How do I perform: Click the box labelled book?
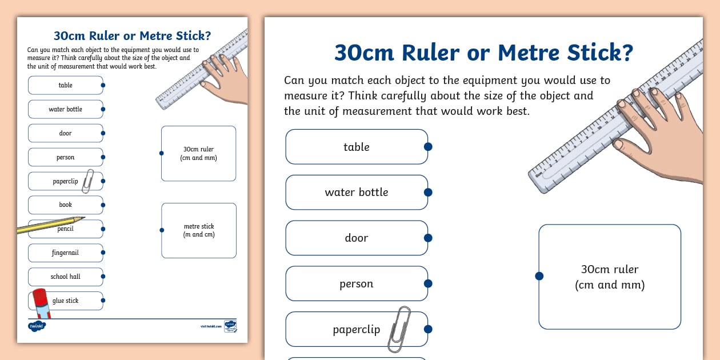click(65, 205)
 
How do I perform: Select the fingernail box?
click(65, 253)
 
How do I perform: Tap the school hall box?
click(65, 277)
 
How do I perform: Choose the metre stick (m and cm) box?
click(199, 230)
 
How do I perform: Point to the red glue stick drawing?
click(41, 303)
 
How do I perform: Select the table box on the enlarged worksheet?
click(356, 147)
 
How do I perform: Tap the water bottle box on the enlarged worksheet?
click(356, 193)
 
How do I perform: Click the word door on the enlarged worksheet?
click(356, 238)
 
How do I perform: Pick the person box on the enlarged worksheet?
click(356, 283)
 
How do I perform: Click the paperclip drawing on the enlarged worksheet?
click(399, 329)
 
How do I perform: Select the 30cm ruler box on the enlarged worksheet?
click(610, 277)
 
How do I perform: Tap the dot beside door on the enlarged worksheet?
click(428, 238)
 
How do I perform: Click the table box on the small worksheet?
click(65, 85)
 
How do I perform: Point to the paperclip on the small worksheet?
click(88, 181)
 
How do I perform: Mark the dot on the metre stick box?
click(162, 230)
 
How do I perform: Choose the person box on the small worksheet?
click(65, 157)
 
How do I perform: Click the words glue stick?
click(66, 301)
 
